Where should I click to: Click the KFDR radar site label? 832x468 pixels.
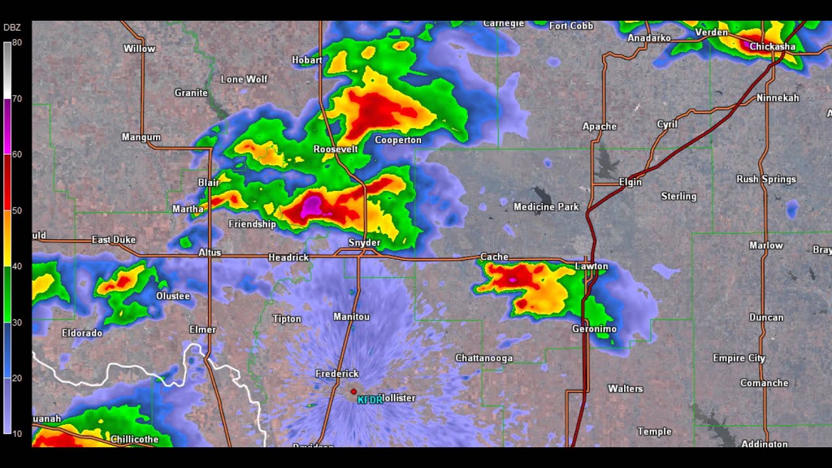point(370,400)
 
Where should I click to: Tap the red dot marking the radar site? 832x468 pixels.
point(354,391)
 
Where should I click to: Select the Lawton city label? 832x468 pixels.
point(591,266)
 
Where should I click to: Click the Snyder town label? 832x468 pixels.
point(364,242)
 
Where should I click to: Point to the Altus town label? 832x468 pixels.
point(209,252)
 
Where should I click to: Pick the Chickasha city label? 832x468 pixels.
point(772,46)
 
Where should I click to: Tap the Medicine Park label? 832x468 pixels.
point(546,207)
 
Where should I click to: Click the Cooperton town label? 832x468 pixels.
point(398,140)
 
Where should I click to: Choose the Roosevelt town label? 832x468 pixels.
point(335,149)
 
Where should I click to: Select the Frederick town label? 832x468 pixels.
point(337,373)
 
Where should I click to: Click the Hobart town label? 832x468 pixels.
point(307,60)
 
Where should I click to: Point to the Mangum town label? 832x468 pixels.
point(141,136)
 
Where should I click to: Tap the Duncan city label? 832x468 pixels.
point(766,317)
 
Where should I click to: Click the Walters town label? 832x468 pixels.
point(625,388)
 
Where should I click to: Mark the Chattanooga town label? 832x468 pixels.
point(484,357)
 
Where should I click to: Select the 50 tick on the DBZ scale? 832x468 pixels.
point(17,211)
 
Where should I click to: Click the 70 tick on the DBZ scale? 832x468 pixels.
point(17,99)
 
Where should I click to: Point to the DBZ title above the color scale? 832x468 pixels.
point(12,27)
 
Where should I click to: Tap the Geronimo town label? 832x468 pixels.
point(594,329)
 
